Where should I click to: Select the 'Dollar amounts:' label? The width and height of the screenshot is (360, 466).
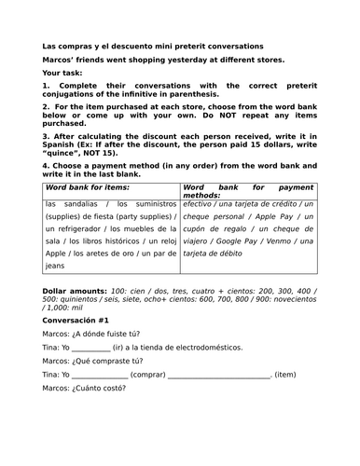(x=75, y=292)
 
